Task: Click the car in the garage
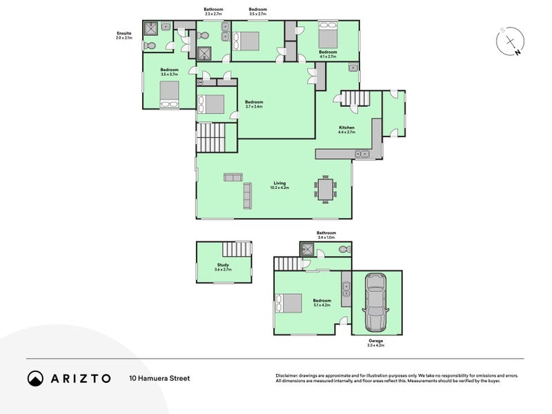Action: pos(376,302)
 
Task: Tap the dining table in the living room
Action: pos(326,188)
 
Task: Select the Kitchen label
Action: pos(346,128)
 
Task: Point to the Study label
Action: pos(223,265)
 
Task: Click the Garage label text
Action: pos(375,340)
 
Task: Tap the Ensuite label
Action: pos(125,32)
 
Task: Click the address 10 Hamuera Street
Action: pos(159,378)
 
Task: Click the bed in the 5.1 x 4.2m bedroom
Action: pos(288,304)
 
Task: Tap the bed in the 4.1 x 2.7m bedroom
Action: pos(328,33)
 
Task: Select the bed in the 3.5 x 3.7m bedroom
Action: pos(169,94)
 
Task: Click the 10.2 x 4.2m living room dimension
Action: pos(279,188)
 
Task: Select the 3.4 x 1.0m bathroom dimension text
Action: pos(326,238)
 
